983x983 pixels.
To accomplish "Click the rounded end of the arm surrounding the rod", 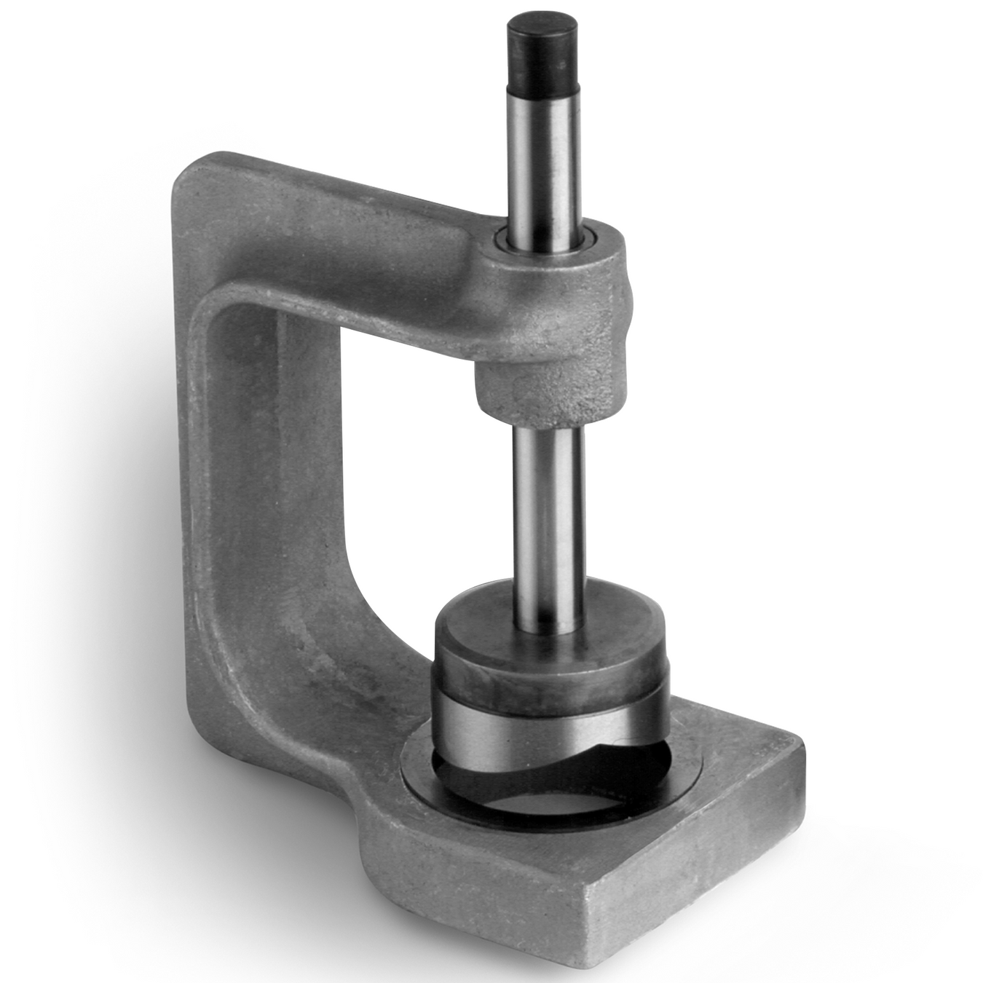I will click(583, 291).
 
